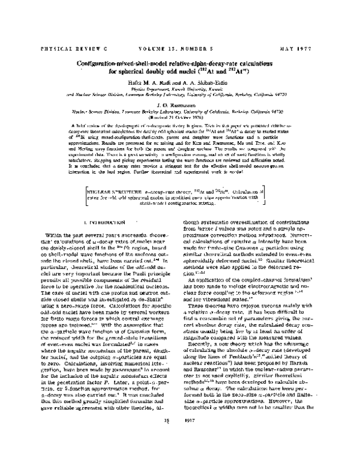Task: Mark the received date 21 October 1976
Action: click(188, 117)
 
